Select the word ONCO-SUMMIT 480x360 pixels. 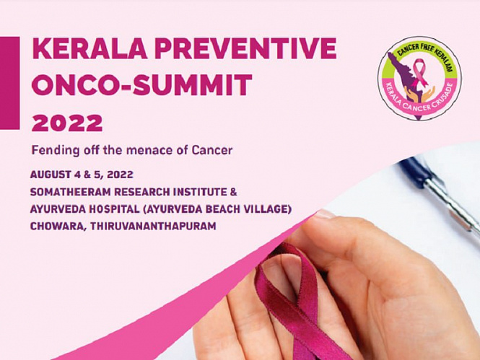tap(141, 85)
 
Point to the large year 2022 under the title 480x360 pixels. tap(67, 123)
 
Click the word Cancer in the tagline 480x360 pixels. tap(212, 150)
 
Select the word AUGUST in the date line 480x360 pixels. tap(51, 175)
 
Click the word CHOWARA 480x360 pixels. tap(58, 227)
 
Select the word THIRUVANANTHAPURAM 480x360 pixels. tap(153, 227)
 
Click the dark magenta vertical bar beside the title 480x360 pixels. tap(9, 83)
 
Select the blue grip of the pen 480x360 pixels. tap(414, 172)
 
